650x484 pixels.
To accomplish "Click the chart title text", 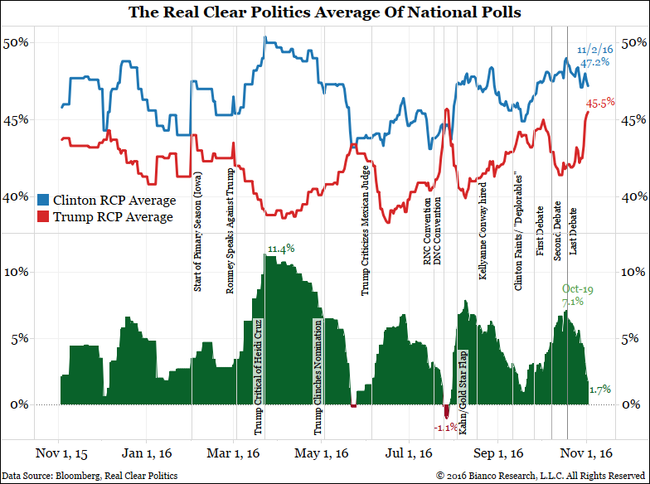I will [325, 12].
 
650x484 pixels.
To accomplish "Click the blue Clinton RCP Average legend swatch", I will [45, 200].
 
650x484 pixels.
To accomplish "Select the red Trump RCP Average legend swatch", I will [45, 216].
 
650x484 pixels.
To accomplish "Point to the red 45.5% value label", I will [600, 103].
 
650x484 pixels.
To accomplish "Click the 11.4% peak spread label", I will [280, 248].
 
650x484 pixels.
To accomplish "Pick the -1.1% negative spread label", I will [445, 428].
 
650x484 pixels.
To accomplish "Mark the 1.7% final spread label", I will [599, 389].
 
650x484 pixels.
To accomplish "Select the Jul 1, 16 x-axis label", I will [410, 453].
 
